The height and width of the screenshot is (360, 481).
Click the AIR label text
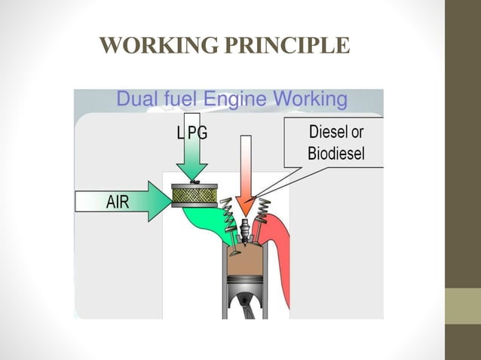(117, 202)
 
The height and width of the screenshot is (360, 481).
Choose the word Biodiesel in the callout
(336, 154)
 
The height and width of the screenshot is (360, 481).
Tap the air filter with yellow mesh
(195, 197)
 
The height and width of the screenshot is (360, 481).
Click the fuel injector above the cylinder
(244, 228)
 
